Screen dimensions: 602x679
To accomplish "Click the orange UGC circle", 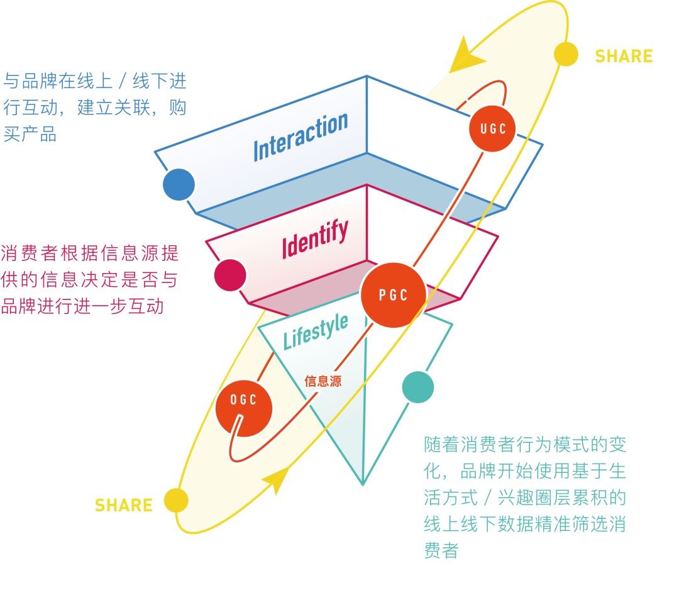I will (493, 129).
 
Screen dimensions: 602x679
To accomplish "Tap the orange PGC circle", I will (394, 294).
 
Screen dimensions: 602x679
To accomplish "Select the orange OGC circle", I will (243, 401).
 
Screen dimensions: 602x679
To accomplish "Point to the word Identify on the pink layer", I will (314, 240).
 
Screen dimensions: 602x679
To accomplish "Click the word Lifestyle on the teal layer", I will (315, 332).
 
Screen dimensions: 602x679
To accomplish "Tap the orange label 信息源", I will (323, 381).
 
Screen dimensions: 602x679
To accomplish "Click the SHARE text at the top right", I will (623, 56).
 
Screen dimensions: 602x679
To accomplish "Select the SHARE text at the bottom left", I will (124, 505).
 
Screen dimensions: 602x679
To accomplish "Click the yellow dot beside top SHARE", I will (566, 54).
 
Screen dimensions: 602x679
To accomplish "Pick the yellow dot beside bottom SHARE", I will (177, 501).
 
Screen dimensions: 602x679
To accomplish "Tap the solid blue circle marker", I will (179, 184).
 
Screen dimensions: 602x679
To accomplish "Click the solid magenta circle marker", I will (229, 275).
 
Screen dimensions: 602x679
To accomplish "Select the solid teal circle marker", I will (417, 387).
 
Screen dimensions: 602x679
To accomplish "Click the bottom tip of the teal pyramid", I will (363, 483).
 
